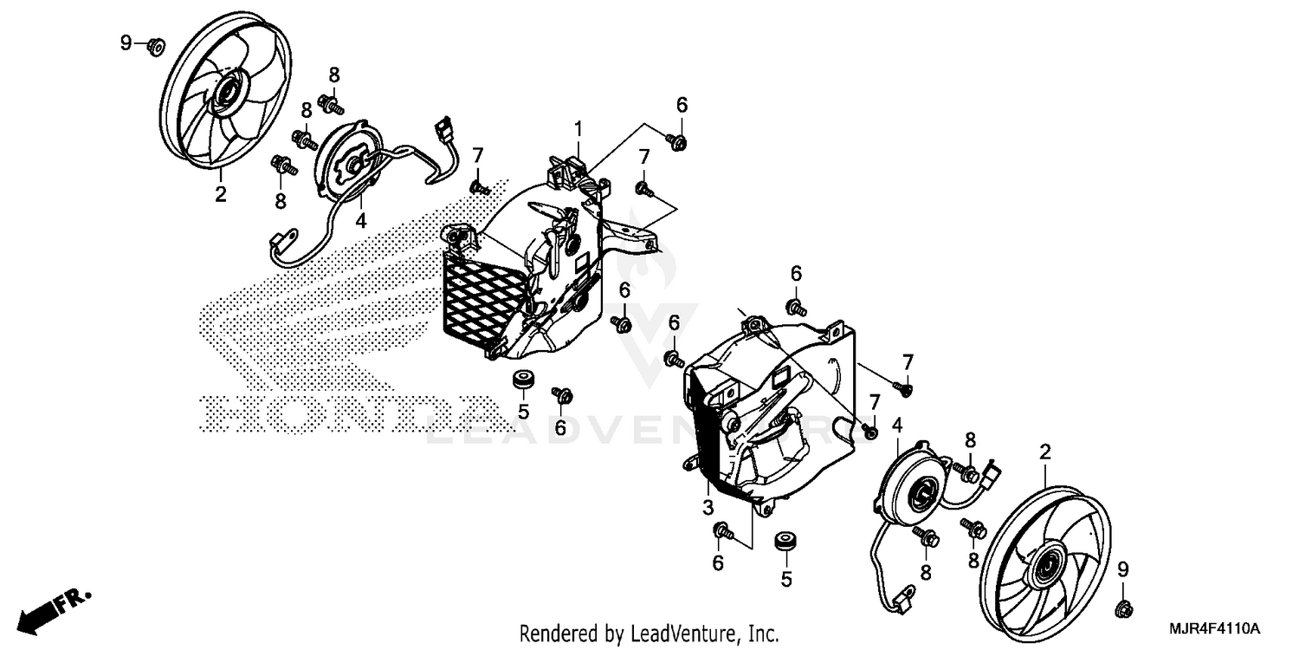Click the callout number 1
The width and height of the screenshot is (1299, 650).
(577, 130)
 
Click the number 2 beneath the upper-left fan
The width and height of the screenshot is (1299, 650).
(220, 194)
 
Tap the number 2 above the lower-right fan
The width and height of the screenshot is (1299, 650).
(1045, 452)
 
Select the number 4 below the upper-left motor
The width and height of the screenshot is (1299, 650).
(360, 221)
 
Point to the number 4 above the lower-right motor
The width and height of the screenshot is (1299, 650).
(897, 425)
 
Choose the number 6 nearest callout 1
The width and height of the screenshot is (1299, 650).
(682, 105)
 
